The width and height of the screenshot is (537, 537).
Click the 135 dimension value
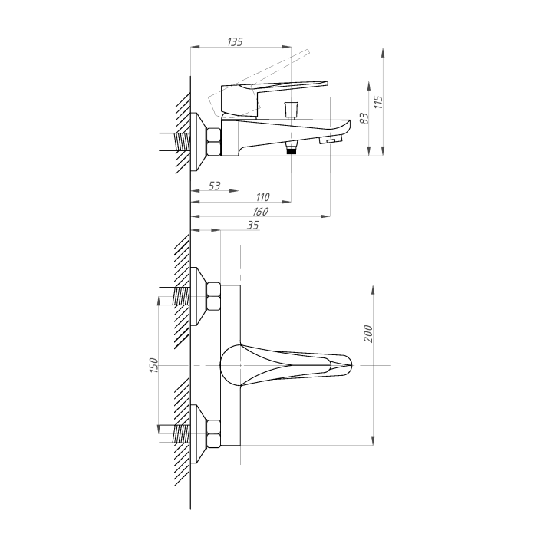(235, 41)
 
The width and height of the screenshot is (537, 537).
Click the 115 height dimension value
(377, 102)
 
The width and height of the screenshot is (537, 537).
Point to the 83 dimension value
(364, 118)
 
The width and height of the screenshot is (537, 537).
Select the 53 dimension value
(214, 186)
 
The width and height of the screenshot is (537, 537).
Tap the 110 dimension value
(262, 197)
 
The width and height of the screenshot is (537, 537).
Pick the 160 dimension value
(261, 212)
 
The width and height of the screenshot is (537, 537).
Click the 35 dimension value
(252, 226)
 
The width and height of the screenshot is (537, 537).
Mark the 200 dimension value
(367, 333)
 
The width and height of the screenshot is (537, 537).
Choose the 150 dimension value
(153, 365)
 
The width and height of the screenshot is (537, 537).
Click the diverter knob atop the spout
(292, 109)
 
